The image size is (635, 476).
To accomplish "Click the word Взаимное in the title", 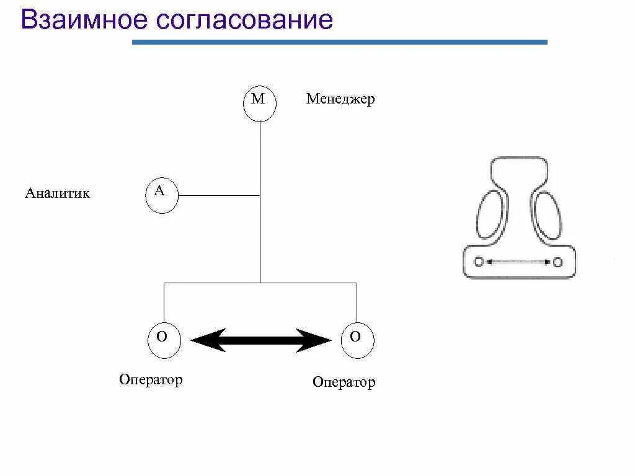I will [84, 20].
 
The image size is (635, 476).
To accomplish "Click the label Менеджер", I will [340, 99].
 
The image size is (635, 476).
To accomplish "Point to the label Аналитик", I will [57, 193].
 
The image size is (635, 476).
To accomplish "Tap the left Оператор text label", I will [151, 379].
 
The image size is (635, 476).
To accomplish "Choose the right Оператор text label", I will [344, 382].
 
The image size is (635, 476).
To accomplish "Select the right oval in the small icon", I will [547, 215].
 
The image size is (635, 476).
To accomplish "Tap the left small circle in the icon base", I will [478, 262].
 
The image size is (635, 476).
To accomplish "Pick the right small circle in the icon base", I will [557, 262].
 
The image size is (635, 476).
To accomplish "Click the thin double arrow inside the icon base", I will [518, 262].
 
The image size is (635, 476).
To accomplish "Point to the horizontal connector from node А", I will [218, 196].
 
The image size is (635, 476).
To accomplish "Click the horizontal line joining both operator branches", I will [260, 283].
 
